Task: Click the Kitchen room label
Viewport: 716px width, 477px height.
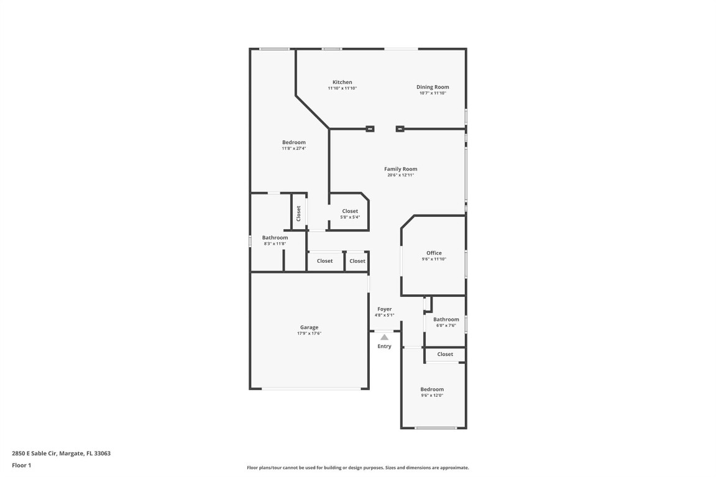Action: point(342,82)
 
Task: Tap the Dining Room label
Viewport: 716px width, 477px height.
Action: point(433,87)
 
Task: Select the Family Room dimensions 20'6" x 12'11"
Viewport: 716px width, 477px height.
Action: point(400,175)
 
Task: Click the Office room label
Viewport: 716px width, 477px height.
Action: point(434,253)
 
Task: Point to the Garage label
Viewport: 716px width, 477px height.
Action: point(309,327)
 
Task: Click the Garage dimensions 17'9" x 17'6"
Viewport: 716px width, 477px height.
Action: point(309,334)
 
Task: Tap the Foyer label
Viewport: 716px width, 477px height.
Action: point(384,309)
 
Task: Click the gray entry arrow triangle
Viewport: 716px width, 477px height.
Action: point(384,337)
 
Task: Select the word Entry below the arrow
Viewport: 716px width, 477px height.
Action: point(384,346)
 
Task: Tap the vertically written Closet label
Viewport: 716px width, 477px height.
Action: point(298,213)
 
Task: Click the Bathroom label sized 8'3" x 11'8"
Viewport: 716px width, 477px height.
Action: point(275,237)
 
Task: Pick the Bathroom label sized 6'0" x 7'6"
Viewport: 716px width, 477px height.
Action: point(446,319)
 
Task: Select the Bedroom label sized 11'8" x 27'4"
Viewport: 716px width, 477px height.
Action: point(293,142)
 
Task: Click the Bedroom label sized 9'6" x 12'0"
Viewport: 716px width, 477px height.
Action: point(432,389)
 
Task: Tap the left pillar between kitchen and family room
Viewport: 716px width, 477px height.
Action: point(370,129)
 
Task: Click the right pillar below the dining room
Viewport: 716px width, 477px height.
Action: point(400,129)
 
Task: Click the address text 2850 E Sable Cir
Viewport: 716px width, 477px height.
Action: point(35,453)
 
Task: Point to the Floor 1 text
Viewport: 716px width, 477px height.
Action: point(21,465)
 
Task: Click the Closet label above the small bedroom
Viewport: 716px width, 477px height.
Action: point(445,354)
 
